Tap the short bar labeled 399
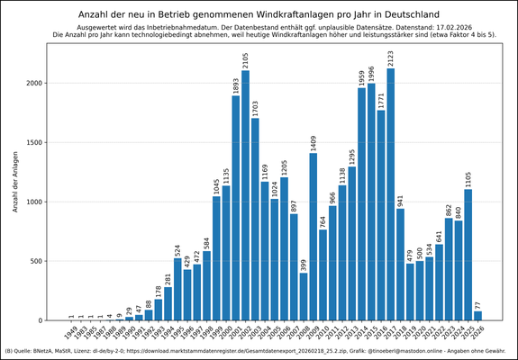pos(304,296)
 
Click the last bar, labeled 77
pos(477,315)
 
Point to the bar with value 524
pos(177,289)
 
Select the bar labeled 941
pos(400,265)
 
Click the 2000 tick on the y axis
pos(50,83)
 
